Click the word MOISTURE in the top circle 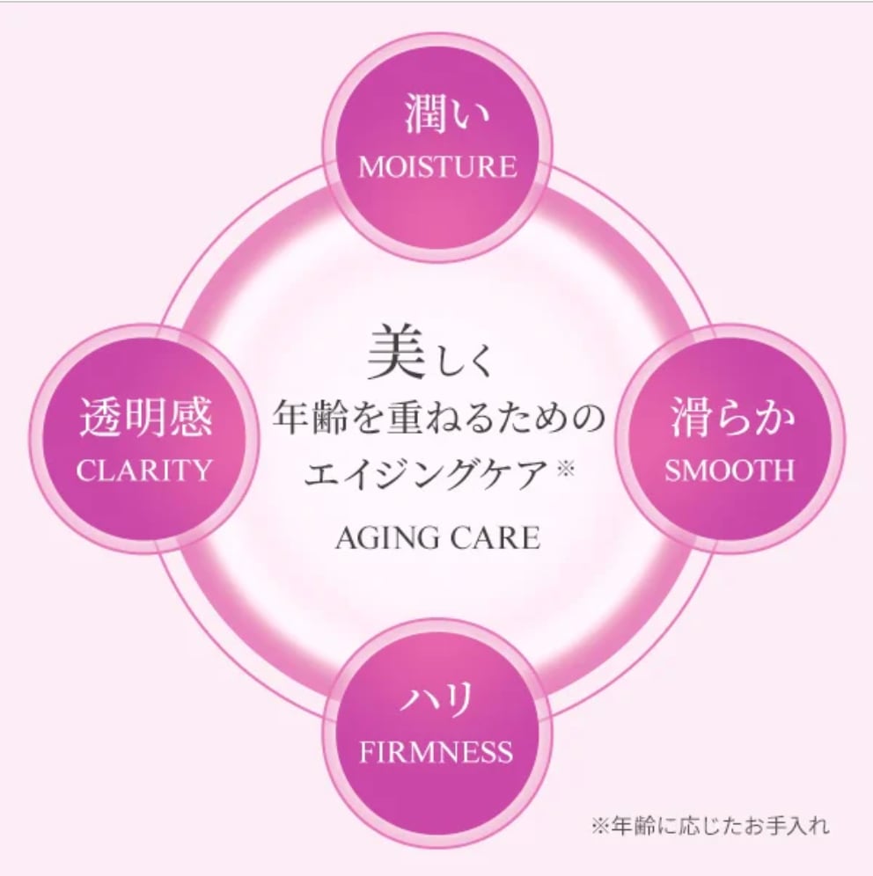tap(437, 166)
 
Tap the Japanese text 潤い tap(437, 116)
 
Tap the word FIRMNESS tap(436, 752)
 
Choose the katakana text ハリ tap(437, 701)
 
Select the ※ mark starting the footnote tap(599, 826)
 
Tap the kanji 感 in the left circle tap(190, 418)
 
